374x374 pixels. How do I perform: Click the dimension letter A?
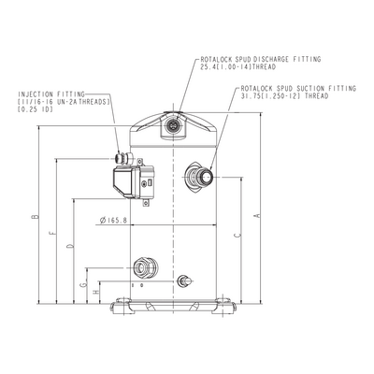pyautogui.click(x=258, y=215)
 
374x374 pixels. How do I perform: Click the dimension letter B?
pyautogui.click(x=36, y=216)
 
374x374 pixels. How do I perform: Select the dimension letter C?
pyautogui.click(x=237, y=236)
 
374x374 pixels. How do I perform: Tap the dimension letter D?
pyautogui.click(x=71, y=246)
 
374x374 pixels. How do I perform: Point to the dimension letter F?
pyautogui.click(x=54, y=232)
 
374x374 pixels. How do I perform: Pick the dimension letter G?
pyautogui.click(x=83, y=284)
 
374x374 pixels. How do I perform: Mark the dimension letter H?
pyautogui.click(x=96, y=292)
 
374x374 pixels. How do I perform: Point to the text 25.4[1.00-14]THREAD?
pyautogui.click(x=238, y=66)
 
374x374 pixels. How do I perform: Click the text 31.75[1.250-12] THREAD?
pyautogui.click(x=284, y=96)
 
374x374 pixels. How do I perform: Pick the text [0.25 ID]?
pyautogui.click(x=35, y=109)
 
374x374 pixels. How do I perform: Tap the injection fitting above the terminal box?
pyautogui.click(x=122, y=158)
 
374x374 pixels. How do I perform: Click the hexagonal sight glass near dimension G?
pyautogui.click(x=145, y=267)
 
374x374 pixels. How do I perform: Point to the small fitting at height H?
pyautogui.click(x=184, y=281)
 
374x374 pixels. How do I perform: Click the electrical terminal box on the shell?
pyautogui.click(x=134, y=182)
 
